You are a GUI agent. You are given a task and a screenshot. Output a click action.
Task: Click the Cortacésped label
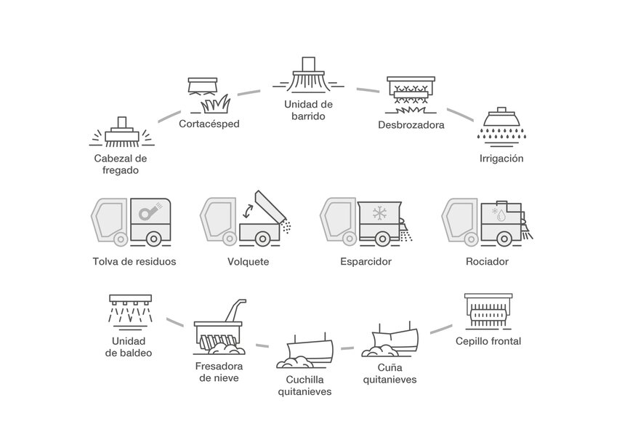209,124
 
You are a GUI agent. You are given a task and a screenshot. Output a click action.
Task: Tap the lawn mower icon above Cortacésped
206,95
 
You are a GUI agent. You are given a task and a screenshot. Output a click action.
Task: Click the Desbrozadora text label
411,124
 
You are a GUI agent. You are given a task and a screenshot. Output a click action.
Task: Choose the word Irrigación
501,158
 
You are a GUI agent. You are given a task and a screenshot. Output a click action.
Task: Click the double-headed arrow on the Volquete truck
249,212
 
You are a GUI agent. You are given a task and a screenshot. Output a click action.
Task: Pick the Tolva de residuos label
134,261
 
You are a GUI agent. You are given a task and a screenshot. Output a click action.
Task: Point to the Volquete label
249,261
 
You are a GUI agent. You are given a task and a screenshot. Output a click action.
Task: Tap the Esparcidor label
365,261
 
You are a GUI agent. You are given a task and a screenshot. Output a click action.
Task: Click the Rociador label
487,261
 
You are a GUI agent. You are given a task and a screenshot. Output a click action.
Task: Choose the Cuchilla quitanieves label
304,385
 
